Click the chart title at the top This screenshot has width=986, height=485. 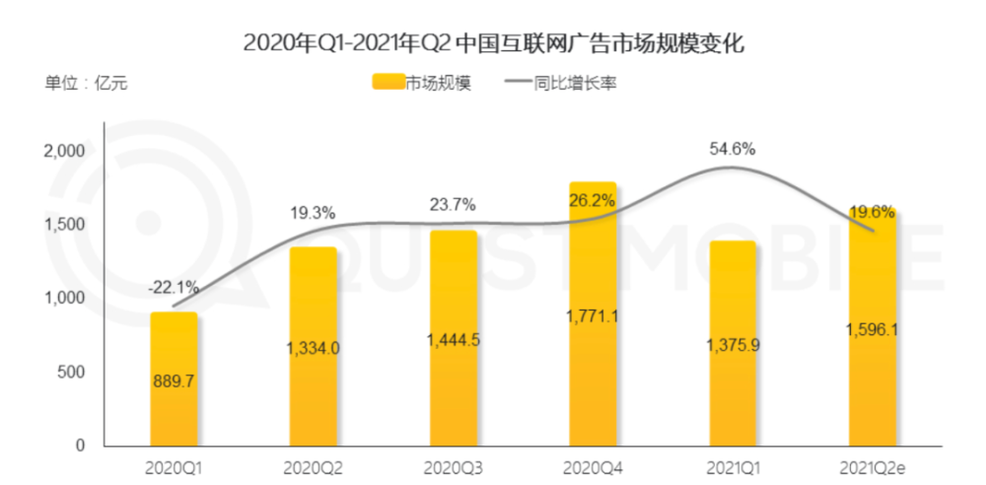pyautogui.click(x=492, y=42)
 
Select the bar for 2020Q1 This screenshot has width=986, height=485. pyautogui.click(x=174, y=380)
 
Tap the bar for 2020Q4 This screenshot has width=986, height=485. pyautogui.click(x=593, y=315)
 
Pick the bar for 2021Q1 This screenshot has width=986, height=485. pyautogui.click(x=732, y=345)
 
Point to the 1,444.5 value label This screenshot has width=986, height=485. pyautogui.click(x=453, y=338)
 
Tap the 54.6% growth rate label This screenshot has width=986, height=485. pyautogui.click(x=732, y=149)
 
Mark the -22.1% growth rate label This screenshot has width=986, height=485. pyautogui.click(x=174, y=288)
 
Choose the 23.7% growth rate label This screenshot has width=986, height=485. pyautogui.click(x=453, y=205)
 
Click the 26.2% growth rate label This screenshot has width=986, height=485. pyautogui.click(x=593, y=199)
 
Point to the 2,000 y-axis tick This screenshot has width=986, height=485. pyautogui.click(x=65, y=151)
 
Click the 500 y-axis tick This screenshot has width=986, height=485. pyautogui.click(x=73, y=372)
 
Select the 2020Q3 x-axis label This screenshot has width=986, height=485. pyautogui.click(x=453, y=465)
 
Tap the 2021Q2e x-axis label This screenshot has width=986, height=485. pyautogui.click(x=872, y=465)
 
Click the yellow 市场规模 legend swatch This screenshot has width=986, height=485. pyautogui.click(x=387, y=83)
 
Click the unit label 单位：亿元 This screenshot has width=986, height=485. pyautogui.click(x=86, y=83)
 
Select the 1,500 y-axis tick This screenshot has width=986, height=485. pyautogui.click(x=65, y=225)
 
